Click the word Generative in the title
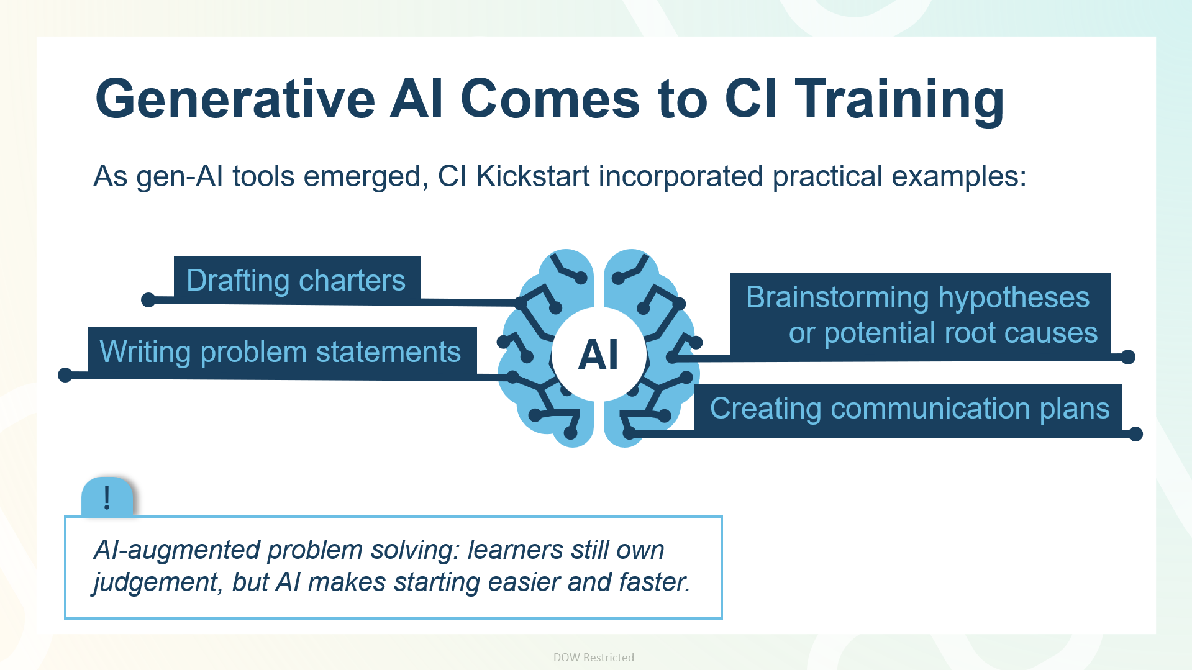click(235, 99)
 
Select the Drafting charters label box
click(297, 279)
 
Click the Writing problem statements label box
click(282, 351)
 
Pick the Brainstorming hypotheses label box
click(920, 315)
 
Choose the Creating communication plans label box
click(908, 409)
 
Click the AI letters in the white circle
click(598, 355)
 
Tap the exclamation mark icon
click(107, 497)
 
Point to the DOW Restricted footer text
click(594, 657)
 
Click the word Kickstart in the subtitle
click(533, 176)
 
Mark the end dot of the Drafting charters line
click(148, 300)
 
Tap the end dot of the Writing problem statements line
click(65, 375)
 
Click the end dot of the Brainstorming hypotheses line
click(1128, 357)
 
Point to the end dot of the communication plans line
click(1135, 434)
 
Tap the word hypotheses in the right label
click(1014, 297)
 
